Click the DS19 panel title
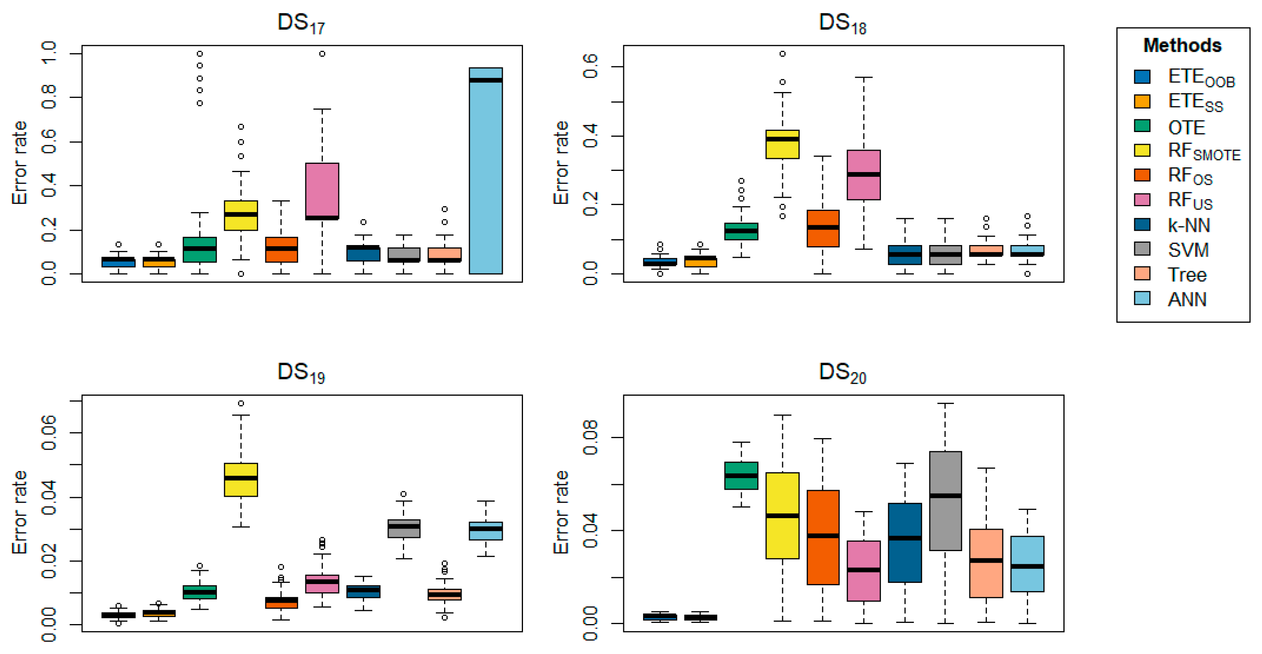301,373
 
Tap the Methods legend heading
1182,45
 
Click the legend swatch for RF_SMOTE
1142,150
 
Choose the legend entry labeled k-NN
1189,225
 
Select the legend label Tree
1187,275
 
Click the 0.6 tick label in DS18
590,66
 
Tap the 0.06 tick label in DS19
49,432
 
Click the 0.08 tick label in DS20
590,437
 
